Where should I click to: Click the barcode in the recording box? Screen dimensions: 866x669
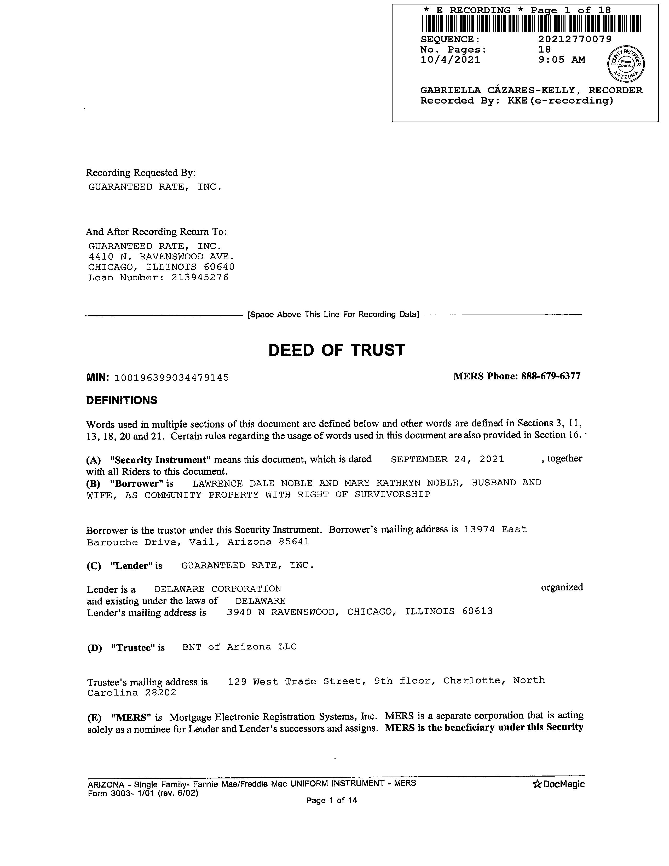tap(531, 23)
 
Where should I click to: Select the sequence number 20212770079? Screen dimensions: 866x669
tap(575, 39)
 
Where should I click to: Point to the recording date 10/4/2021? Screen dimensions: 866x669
tap(450, 60)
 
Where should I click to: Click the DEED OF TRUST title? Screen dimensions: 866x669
tap(337, 350)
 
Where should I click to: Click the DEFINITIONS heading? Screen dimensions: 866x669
tap(122, 401)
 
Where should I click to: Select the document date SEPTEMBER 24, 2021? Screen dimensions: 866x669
tap(447, 460)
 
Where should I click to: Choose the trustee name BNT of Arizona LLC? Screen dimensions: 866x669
tap(239, 647)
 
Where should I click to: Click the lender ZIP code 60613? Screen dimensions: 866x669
tap(477, 611)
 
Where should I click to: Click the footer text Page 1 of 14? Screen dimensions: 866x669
tap(332, 800)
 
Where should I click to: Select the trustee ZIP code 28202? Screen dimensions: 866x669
tap(160, 693)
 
